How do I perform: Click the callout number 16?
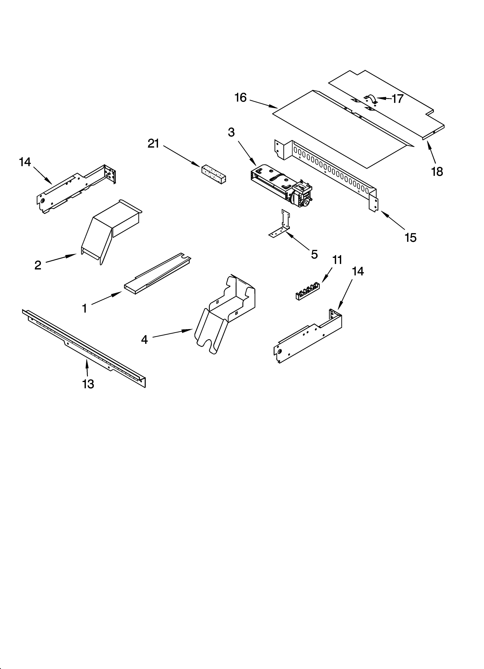click(241, 98)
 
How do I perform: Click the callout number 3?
click(231, 132)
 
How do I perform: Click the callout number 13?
click(88, 384)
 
